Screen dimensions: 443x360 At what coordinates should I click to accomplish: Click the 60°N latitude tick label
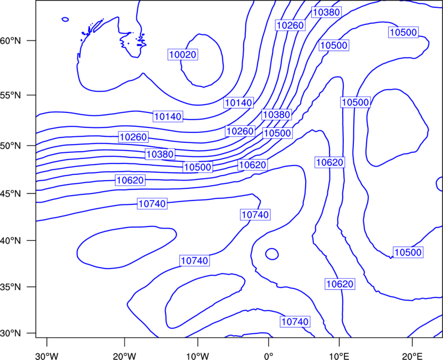[11, 40]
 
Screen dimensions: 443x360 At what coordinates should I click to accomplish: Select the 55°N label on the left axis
[11, 95]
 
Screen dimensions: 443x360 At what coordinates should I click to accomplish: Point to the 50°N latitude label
[11, 146]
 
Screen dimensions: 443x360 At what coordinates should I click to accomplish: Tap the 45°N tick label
[11, 193]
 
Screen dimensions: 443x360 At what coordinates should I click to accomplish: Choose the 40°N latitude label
[11, 241]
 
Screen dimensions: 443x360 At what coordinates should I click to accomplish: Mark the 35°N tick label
[11, 287]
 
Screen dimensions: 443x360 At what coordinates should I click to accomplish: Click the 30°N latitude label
[11, 333]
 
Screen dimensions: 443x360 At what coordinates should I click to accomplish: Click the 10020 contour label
[183, 54]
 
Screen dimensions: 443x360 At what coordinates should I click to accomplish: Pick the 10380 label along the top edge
[326, 12]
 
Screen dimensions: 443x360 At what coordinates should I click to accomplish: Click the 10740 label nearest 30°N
[295, 322]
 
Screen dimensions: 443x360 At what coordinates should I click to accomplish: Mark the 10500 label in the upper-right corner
[403, 33]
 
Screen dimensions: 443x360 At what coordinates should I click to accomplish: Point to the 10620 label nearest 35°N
[339, 284]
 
